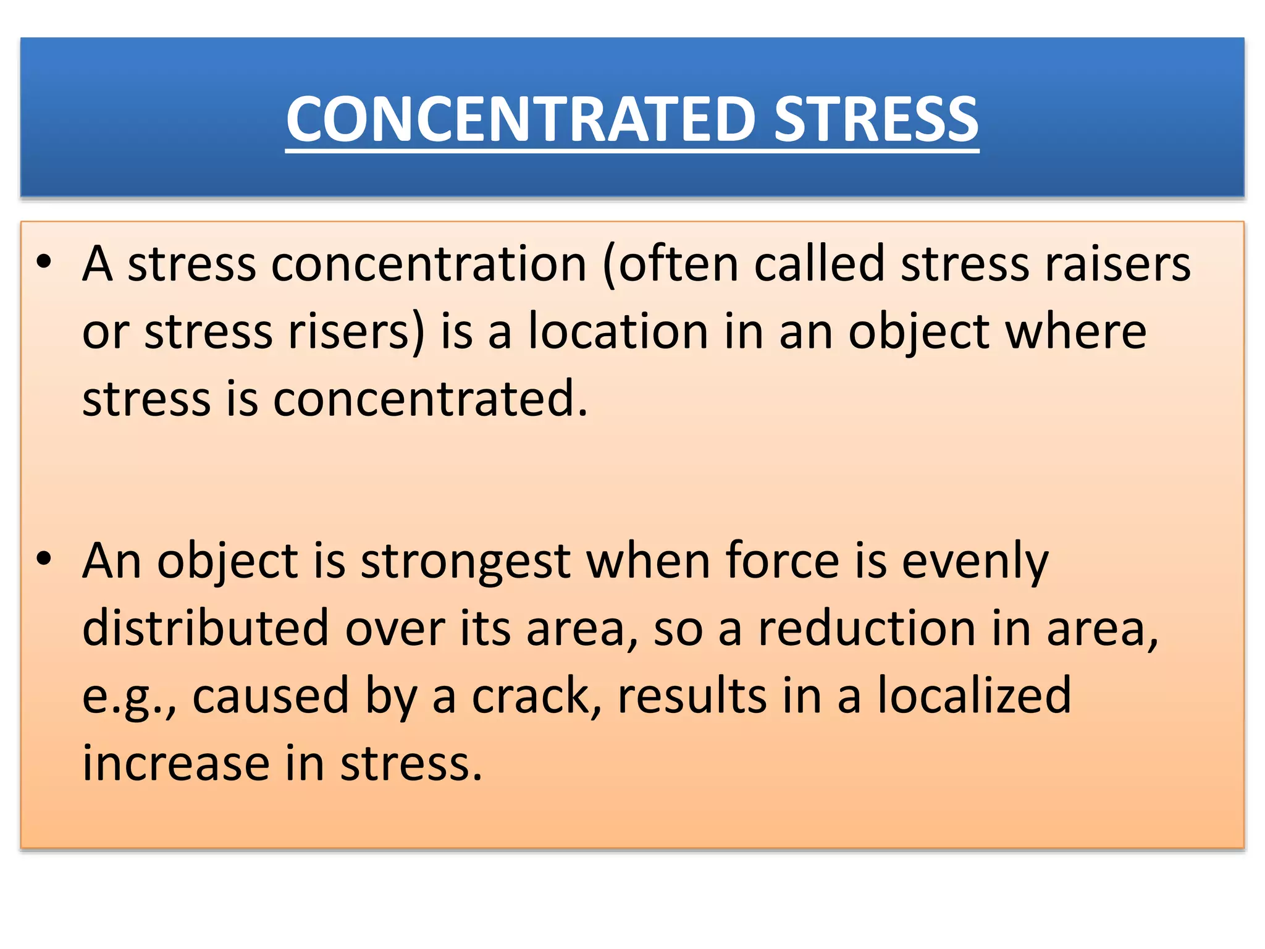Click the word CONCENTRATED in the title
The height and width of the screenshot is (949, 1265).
click(x=520, y=119)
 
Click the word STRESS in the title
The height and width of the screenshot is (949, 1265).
click(x=875, y=119)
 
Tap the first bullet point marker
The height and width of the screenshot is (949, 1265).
click(x=44, y=263)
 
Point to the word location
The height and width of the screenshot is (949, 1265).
click(x=618, y=332)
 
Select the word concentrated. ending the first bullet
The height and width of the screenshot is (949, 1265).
click(x=431, y=399)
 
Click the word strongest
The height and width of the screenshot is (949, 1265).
click(x=466, y=561)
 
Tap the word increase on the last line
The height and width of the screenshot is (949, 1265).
click(x=176, y=764)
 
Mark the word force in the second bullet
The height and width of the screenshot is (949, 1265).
click(x=782, y=561)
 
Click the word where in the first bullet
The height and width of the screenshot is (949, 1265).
click(x=1075, y=332)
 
